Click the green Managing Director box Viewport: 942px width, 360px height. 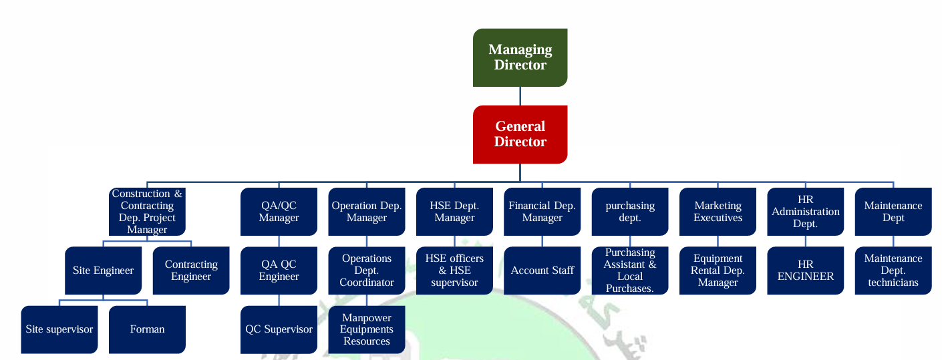tap(520, 57)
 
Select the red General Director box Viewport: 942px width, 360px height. tap(520, 134)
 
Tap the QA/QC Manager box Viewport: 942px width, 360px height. tap(279, 212)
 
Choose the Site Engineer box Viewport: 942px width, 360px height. tap(103, 271)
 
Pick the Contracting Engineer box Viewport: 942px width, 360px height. tap(191, 271)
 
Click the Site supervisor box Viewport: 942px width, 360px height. tap(59, 329)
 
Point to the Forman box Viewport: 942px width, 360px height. tap(147, 329)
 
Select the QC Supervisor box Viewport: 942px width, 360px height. tap(279, 329)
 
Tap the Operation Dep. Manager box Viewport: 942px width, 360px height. tap(367, 212)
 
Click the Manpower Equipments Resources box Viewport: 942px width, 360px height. tap(367, 329)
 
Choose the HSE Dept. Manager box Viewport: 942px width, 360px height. tap(454, 212)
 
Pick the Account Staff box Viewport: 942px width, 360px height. tap(542, 271)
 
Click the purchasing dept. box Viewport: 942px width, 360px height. tap(630, 212)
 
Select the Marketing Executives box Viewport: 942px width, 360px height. tap(718, 212)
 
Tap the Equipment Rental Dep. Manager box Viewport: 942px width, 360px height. tap(718, 271)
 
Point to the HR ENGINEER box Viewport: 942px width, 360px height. tap(806, 271)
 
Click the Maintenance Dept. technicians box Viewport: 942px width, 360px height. tap(893, 271)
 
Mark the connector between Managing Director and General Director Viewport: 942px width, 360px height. tap(520, 96)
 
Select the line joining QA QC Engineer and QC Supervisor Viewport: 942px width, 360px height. tap(279, 300)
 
